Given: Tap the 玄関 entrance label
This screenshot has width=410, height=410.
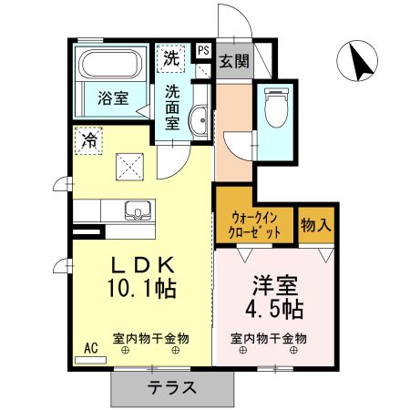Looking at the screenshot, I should click(233, 62).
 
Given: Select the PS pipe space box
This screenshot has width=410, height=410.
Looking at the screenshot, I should click(202, 51).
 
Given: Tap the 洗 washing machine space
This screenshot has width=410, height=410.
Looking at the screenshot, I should click(170, 57).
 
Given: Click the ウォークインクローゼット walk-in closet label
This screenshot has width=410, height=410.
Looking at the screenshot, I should click(254, 225).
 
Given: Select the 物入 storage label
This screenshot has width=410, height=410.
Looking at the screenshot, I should click(316, 224).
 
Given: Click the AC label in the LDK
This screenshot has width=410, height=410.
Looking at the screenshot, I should click(90, 348).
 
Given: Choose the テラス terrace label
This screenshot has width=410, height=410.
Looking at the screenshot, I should click(171, 386).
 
